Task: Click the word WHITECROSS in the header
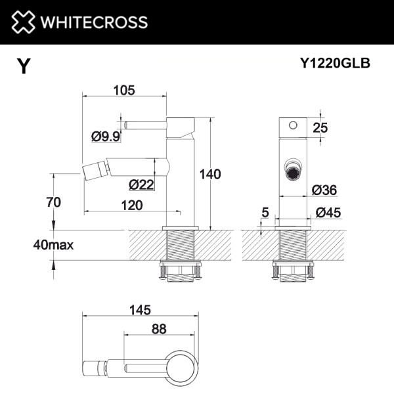93,22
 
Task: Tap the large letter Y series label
24,66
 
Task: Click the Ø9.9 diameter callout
104,137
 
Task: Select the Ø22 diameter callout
141,185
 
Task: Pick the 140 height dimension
210,174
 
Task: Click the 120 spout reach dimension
132,205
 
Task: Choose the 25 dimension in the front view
320,127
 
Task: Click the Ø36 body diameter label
324,190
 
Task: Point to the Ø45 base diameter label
328,212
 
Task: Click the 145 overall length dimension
141,309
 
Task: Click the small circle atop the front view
293,124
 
